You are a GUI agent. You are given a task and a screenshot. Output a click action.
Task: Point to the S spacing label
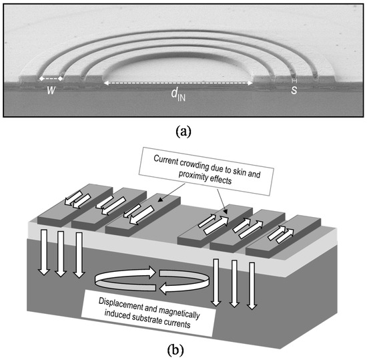(x=295, y=91)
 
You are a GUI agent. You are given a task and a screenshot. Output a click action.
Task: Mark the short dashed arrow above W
(x=51, y=79)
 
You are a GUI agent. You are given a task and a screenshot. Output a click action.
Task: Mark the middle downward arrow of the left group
(x=60, y=253)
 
